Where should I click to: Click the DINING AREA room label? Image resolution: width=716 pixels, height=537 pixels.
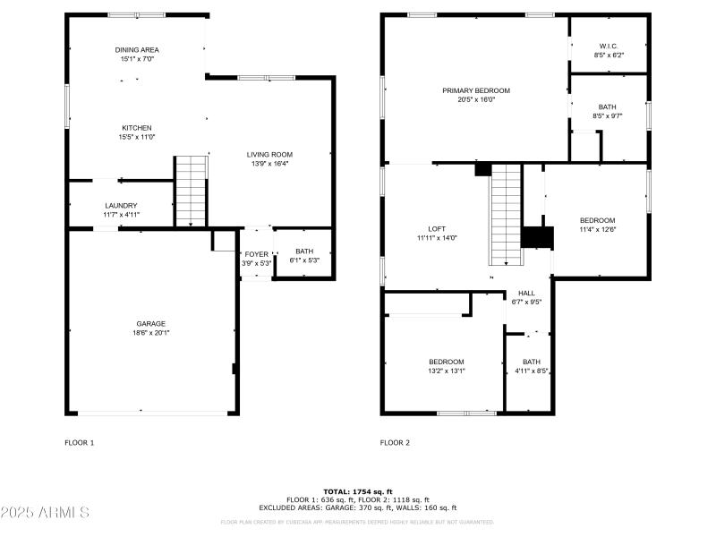coord(137,50)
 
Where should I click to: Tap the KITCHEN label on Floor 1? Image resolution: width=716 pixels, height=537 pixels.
coord(137,128)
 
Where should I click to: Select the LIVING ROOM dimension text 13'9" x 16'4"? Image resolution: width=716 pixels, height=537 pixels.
coord(269,164)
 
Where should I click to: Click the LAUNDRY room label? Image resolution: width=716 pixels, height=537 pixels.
coord(121,206)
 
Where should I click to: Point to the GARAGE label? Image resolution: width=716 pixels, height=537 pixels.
coord(150,324)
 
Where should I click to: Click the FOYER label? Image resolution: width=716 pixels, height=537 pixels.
coord(257,254)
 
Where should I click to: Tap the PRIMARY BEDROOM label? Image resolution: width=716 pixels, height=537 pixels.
coord(475,90)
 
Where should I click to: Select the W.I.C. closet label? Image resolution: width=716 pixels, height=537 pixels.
coord(608,46)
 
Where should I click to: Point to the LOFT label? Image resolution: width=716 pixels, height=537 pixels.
coord(437,229)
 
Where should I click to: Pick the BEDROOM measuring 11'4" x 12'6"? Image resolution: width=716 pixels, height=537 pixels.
coord(597,221)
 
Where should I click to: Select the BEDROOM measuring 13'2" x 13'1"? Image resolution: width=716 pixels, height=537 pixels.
coord(446,362)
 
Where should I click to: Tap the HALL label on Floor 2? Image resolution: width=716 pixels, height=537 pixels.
coord(526,293)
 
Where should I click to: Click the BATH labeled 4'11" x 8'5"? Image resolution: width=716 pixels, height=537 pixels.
coord(532,362)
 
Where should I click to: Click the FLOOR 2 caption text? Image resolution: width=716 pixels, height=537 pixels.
coord(395,442)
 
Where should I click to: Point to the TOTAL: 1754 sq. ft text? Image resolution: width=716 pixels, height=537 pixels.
coord(357,492)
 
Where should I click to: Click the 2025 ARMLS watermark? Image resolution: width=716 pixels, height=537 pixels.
coord(45,513)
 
